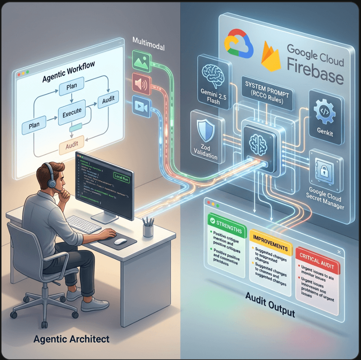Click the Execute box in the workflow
click(x=72, y=111)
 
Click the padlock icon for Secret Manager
click(x=325, y=171)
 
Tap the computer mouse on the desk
click(x=121, y=241)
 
